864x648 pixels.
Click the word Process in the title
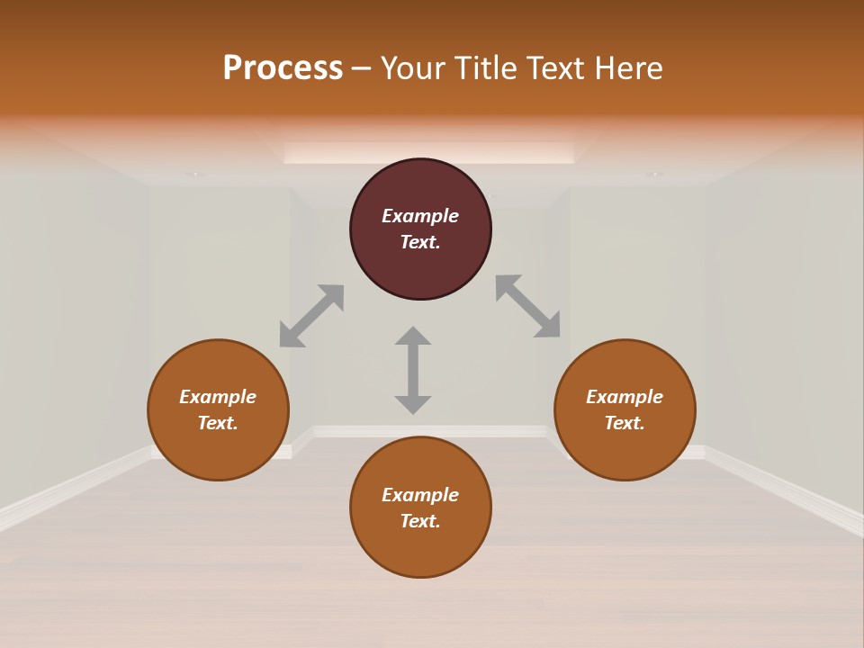pyautogui.click(x=283, y=68)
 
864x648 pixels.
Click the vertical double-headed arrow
pyautogui.click(x=413, y=370)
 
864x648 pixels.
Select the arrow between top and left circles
pyautogui.click(x=311, y=316)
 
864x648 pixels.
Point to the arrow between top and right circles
pyautogui.click(x=528, y=306)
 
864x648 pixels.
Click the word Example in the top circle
pyautogui.click(x=420, y=216)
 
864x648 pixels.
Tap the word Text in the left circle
pyautogui.click(x=218, y=423)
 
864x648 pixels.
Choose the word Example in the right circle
pyautogui.click(x=625, y=397)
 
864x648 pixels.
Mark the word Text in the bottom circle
pyautogui.click(x=420, y=521)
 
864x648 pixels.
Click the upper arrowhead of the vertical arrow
pyautogui.click(x=413, y=336)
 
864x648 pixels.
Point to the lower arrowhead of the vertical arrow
pyautogui.click(x=413, y=404)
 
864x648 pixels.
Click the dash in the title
pyautogui.click(x=362, y=68)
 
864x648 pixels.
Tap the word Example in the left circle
pyautogui.click(x=218, y=397)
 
